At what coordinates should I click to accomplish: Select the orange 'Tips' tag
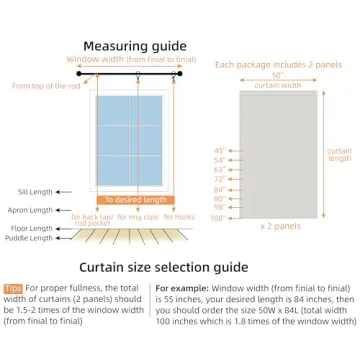click(12, 288)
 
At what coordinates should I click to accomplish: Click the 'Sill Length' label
click(34, 191)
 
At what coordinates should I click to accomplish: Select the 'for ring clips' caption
click(137, 216)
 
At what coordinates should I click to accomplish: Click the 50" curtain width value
click(277, 75)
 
